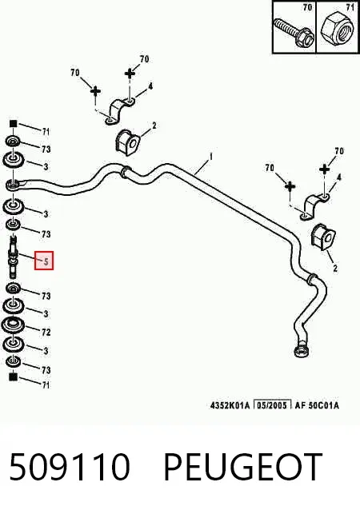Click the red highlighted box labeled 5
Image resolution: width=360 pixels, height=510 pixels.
click(44, 261)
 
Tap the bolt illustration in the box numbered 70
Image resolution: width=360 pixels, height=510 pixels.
click(294, 31)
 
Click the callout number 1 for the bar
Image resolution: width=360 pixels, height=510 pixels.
click(211, 157)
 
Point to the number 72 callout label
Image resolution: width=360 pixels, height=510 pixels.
click(46, 332)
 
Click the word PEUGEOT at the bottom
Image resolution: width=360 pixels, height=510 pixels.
click(242, 467)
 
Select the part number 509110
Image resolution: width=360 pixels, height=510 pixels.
click(70, 467)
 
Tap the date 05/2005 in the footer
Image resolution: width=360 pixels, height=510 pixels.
click(272, 405)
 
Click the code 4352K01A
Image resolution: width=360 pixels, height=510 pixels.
click(230, 405)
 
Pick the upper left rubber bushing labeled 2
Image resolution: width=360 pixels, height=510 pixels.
click(127, 142)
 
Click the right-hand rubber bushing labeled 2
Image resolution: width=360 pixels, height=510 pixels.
click(322, 237)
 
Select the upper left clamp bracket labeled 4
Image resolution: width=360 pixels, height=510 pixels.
click(119, 112)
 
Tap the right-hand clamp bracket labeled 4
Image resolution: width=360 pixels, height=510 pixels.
click(314, 206)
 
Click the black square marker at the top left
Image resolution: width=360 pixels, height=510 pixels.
click(13, 124)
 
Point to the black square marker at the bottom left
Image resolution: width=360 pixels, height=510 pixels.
click(13, 377)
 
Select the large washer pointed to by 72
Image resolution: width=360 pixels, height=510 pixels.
click(13, 325)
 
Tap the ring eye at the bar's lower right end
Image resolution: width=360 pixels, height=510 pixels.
click(301, 351)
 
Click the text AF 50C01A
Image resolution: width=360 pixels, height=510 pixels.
click(317, 405)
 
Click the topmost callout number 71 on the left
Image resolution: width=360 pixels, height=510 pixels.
click(46, 131)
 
